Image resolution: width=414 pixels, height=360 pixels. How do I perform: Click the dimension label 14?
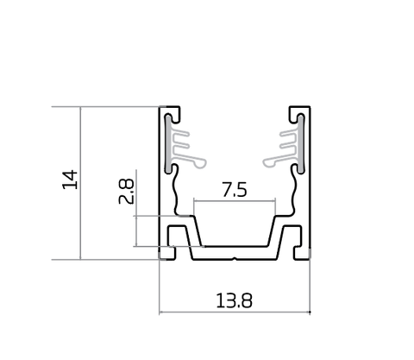70,180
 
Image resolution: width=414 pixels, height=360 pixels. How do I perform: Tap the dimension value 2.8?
126,192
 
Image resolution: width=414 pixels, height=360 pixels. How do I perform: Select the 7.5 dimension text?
235,190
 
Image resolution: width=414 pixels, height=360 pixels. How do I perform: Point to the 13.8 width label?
234,300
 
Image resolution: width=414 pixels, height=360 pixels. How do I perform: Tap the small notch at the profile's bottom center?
235,259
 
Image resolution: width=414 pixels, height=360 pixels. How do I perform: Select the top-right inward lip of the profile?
295,114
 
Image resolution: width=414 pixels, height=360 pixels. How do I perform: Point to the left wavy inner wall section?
176,192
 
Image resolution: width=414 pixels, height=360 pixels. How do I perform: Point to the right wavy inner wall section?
293,192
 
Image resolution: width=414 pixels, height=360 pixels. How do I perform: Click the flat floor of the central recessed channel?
235,246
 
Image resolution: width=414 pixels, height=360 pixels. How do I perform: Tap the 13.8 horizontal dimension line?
235,312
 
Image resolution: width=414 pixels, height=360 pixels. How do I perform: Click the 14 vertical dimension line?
80,183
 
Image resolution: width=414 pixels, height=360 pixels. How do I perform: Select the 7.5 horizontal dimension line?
235,201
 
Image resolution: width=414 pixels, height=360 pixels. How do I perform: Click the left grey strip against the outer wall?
167,144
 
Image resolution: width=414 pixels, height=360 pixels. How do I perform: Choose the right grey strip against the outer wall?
301,144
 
